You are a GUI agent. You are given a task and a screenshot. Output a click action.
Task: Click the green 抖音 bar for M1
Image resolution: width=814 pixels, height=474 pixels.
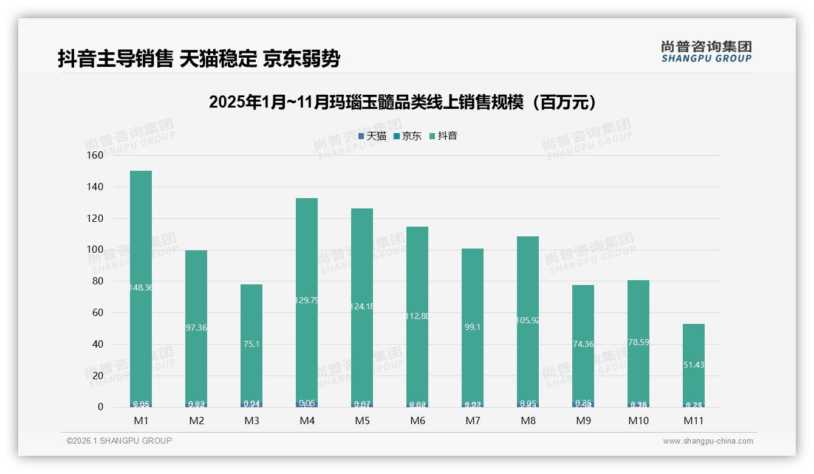[x=141, y=243]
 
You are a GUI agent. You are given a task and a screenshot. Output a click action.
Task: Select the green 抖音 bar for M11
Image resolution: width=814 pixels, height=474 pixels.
[x=694, y=346]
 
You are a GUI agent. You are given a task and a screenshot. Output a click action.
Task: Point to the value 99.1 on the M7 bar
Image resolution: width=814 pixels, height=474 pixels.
[x=473, y=327]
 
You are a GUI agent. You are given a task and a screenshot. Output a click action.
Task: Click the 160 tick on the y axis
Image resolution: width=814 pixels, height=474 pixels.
[x=95, y=155]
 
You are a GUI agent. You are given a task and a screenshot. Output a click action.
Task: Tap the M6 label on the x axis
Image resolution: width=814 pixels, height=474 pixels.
[x=417, y=421]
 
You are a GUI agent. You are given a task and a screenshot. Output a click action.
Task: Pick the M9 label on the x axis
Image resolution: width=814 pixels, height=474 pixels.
[x=583, y=421]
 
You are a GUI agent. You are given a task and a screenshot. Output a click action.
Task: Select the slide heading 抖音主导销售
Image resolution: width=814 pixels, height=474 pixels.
[x=199, y=59]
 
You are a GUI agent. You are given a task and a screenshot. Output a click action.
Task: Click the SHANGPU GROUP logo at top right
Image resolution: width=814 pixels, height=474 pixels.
[x=706, y=52]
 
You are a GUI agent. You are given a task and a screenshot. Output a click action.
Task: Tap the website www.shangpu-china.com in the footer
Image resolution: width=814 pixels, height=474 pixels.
[x=708, y=441]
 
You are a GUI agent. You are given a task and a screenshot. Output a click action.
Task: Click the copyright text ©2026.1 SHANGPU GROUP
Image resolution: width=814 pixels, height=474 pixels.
[x=119, y=441]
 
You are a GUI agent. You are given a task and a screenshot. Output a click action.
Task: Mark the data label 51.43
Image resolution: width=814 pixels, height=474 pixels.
[x=694, y=365]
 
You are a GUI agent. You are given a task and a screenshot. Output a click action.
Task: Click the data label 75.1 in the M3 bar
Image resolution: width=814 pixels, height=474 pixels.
[x=251, y=344]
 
